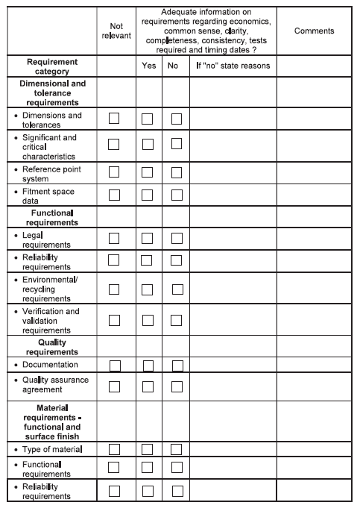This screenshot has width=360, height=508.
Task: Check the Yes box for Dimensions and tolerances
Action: pyautogui.click(x=148, y=119)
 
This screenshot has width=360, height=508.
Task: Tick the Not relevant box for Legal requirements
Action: pyautogui.click(x=114, y=238)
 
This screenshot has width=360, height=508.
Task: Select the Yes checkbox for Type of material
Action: pyautogui.click(x=148, y=449)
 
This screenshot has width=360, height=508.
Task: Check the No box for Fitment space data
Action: pyautogui.click(x=177, y=195)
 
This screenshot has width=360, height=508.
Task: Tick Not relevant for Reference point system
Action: pyautogui.click(x=114, y=173)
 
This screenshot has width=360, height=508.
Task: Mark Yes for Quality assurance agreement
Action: pyautogui.click(x=148, y=386)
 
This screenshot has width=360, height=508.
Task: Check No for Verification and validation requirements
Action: pyautogui.click(x=177, y=320)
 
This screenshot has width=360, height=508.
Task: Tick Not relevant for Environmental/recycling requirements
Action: pyautogui.click(x=114, y=289)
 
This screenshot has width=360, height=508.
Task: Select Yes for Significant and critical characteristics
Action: pyautogui.click(x=148, y=145)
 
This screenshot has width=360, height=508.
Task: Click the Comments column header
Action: pyautogui.click(x=314, y=31)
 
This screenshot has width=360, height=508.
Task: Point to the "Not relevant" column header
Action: pyautogui.click(x=116, y=31)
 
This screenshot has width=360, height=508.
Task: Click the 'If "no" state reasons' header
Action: pyautogui.click(x=233, y=66)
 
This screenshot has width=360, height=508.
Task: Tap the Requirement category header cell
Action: pyautogui.click(x=52, y=66)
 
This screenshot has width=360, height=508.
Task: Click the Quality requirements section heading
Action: pyautogui.click(x=52, y=346)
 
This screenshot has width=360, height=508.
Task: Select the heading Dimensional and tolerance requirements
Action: pyautogui.click(x=52, y=92)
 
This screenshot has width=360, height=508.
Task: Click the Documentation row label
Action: pyautogui.click(x=50, y=365)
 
